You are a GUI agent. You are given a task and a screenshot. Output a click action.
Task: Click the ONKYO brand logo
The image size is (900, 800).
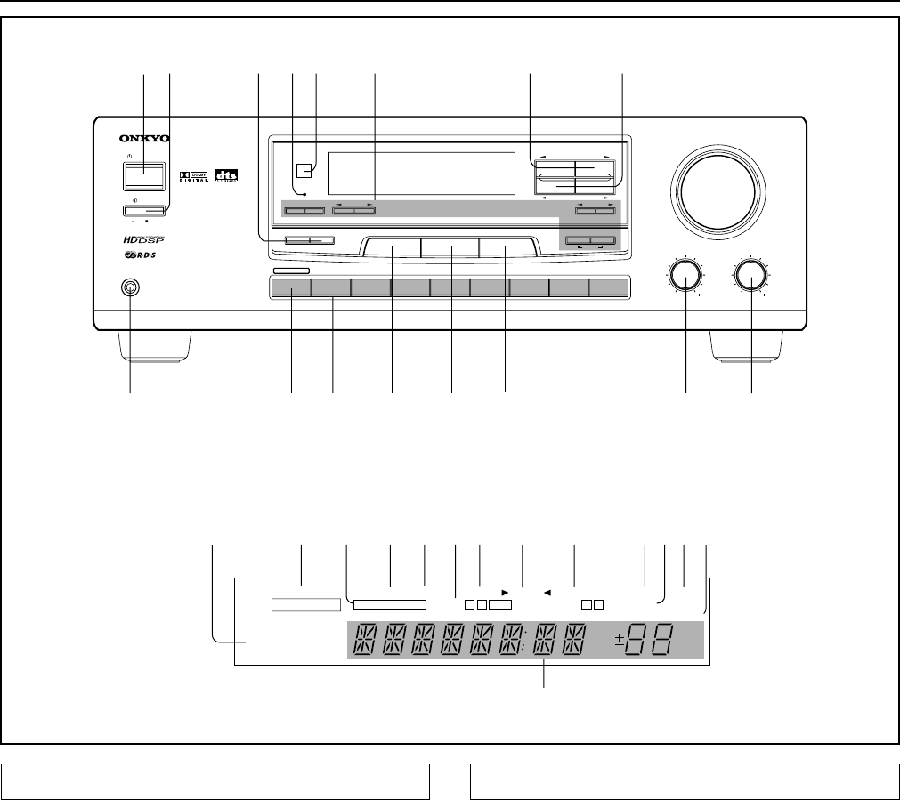tap(143, 138)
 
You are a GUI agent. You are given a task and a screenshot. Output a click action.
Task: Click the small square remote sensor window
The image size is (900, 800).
tap(306, 169)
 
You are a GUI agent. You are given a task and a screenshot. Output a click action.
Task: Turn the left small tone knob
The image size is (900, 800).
tap(686, 276)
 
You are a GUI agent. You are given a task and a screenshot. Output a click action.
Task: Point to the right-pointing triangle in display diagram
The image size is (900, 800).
tap(505, 591)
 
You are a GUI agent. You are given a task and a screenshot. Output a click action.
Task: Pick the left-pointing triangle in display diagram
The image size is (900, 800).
tap(547, 591)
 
